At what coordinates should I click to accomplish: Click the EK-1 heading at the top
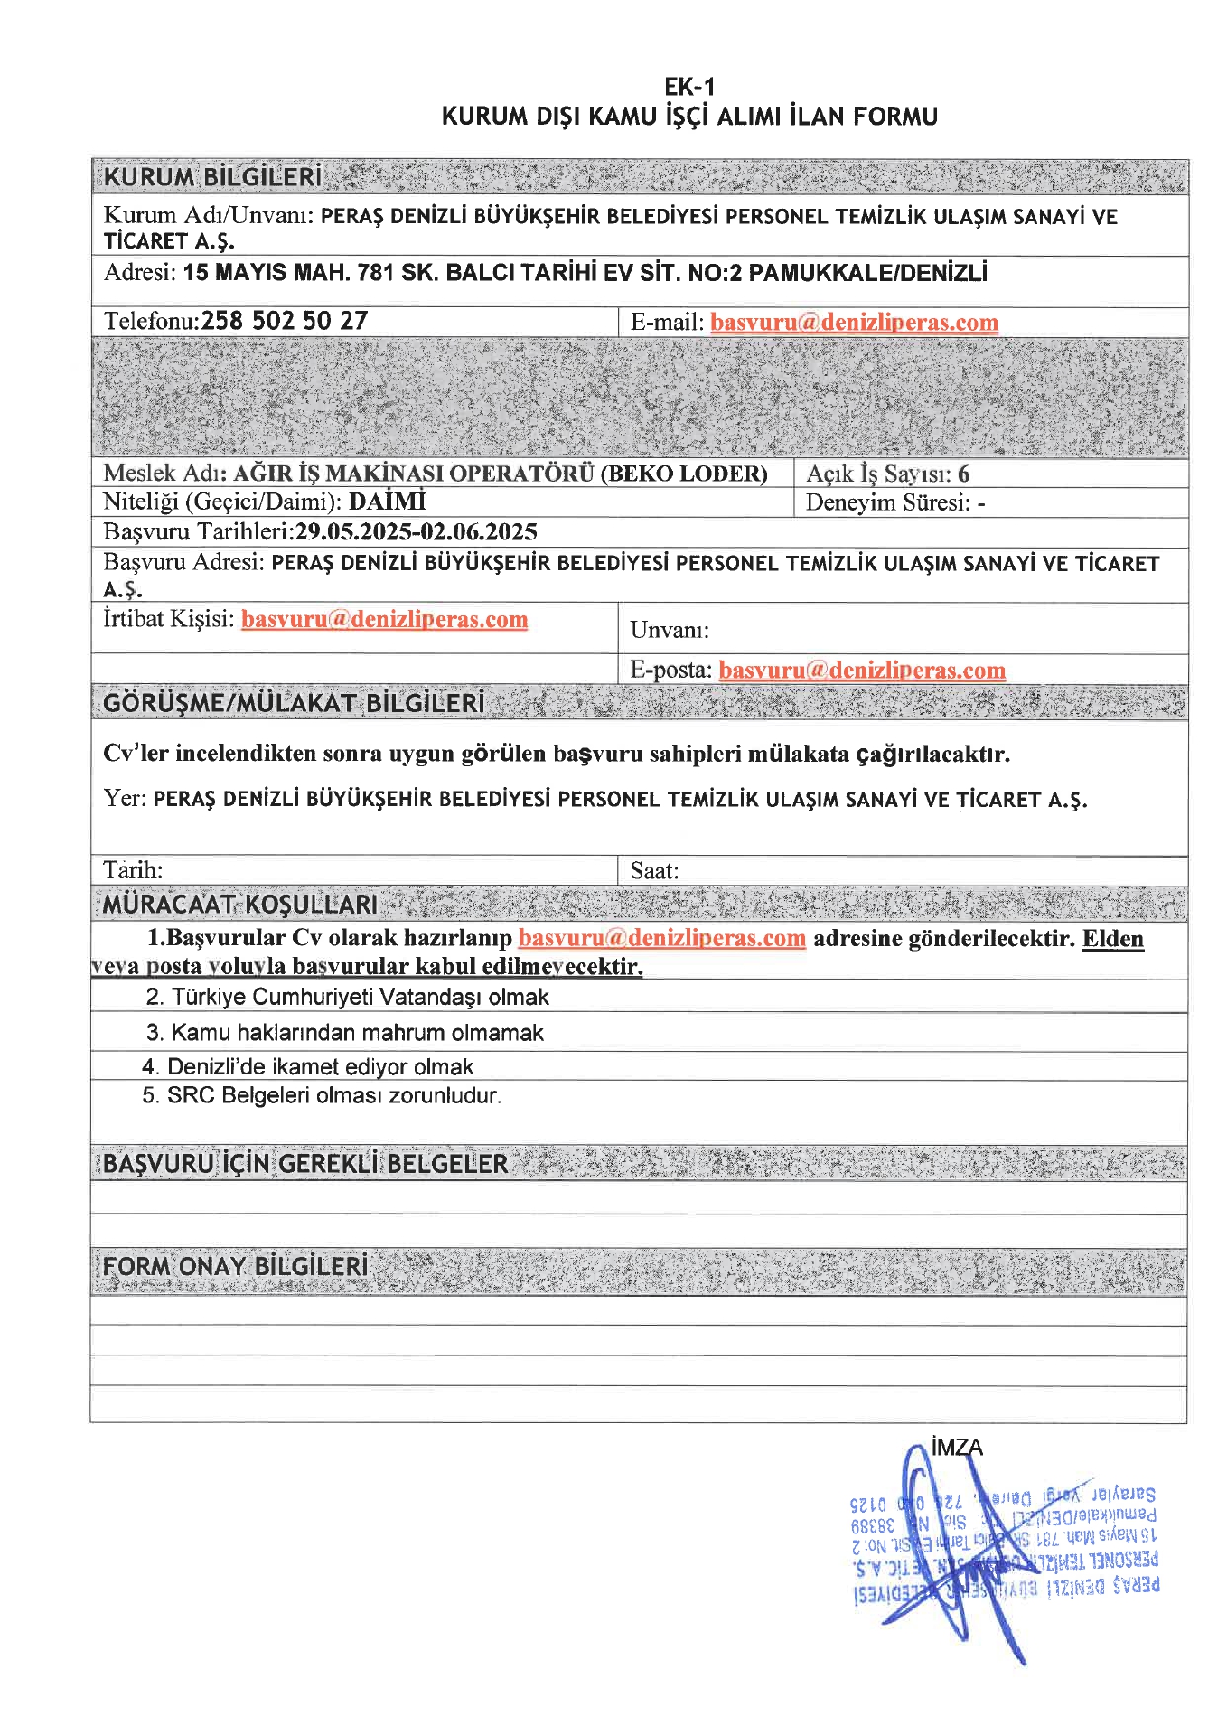[689, 87]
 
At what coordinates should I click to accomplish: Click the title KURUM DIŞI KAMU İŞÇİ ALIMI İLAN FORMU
[689, 117]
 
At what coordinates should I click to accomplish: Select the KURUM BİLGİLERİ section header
[212, 177]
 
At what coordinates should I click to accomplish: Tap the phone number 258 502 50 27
[285, 321]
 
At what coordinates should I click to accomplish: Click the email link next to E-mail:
[854, 323]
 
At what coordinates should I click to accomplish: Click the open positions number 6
[964, 474]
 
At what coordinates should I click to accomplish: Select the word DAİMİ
[388, 502]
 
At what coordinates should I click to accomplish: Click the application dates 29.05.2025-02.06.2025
[417, 531]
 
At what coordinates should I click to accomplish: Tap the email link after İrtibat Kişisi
[384, 619]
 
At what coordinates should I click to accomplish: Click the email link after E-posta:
[862, 670]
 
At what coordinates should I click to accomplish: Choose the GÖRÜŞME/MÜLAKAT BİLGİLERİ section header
[294, 703]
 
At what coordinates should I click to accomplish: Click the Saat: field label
[654, 871]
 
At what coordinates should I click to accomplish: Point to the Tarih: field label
[133, 870]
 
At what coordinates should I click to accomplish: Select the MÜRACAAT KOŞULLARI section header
[240, 905]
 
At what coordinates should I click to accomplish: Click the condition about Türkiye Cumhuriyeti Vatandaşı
[348, 997]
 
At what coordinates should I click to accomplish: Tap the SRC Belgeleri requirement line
[322, 1095]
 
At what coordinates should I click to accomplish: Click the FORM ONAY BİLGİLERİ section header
[236, 1266]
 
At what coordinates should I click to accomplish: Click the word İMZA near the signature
[956, 1448]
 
